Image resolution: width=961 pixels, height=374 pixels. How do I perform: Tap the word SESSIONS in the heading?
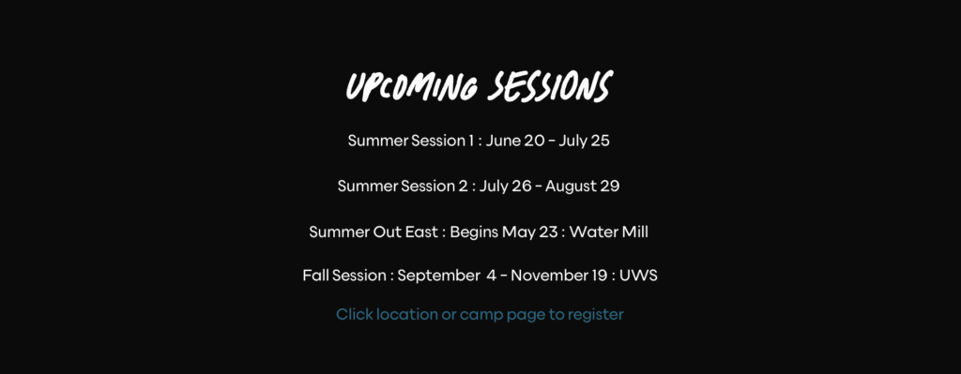tap(550, 86)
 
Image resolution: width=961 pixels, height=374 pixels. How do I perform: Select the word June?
tap(503, 141)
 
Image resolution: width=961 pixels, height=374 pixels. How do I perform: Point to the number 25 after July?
tap(601, 141)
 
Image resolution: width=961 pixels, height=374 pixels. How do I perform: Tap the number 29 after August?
tap(610, 187)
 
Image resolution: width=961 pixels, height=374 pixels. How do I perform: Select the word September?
tap(435, 277)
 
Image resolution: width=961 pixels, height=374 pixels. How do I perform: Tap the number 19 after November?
tap(600, 276)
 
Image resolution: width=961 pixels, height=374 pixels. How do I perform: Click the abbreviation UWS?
tap(638, 276)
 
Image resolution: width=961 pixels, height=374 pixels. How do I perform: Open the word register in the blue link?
tap(596, 315)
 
